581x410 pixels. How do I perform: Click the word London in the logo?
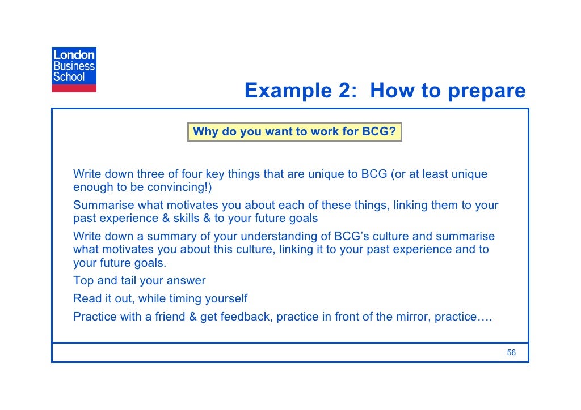74,55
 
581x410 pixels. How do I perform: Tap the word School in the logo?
69,76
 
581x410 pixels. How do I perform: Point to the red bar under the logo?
74,88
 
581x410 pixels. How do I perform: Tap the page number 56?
511,352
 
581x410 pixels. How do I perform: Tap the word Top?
83,280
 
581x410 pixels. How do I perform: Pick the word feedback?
245,317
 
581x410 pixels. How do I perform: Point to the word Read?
86,298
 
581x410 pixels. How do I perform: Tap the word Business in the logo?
74,66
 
